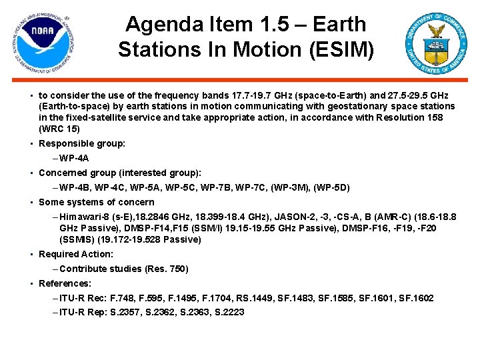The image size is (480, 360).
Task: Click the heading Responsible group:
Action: click(x=82, y=143)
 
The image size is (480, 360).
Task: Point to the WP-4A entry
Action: click(x=74, y=158)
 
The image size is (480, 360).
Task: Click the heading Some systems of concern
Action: click(x=97, y=202)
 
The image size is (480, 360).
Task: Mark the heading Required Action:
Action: click(x=76, y=254)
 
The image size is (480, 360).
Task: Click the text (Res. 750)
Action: click(x=167, y=269)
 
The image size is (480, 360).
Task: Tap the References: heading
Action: click(x=65, y=283)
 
